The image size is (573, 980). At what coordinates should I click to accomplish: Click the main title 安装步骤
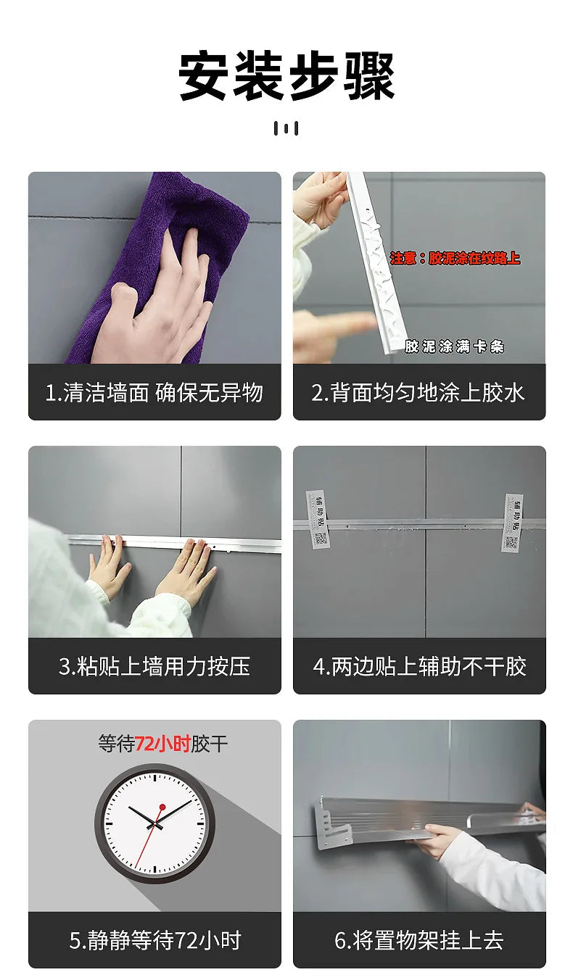286,77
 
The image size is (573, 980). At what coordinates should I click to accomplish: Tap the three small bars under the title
286,128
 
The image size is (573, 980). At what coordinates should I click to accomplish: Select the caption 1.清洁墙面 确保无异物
154,393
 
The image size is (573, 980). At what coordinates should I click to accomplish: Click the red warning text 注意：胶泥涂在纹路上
455,258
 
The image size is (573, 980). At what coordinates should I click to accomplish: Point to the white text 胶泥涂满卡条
454,347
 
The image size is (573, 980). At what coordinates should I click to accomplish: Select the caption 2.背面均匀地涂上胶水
419,393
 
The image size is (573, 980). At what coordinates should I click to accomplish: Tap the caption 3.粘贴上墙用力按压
154,667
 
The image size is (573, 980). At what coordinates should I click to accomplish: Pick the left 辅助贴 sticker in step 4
317,519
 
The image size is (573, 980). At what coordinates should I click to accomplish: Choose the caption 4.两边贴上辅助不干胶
419,667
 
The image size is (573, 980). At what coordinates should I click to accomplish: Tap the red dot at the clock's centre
162,807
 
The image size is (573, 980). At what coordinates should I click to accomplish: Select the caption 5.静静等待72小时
154,941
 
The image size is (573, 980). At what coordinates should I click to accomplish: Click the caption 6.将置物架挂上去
419,941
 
